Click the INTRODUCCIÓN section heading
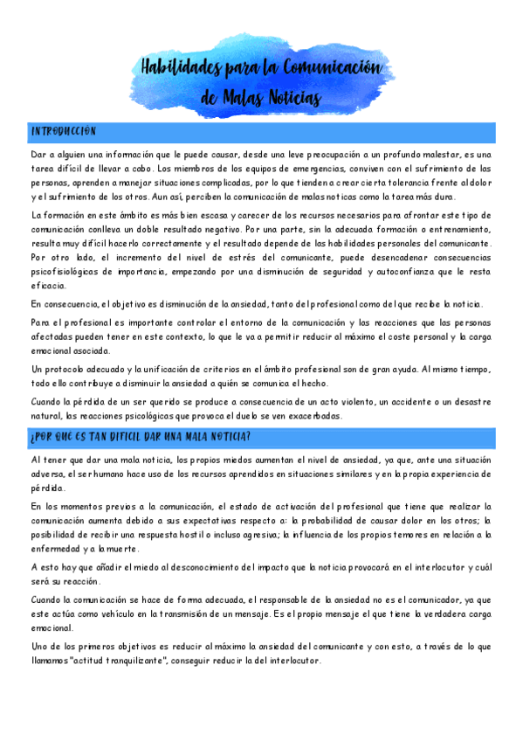tap(63, 132)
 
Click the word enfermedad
tap(59, 549)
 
